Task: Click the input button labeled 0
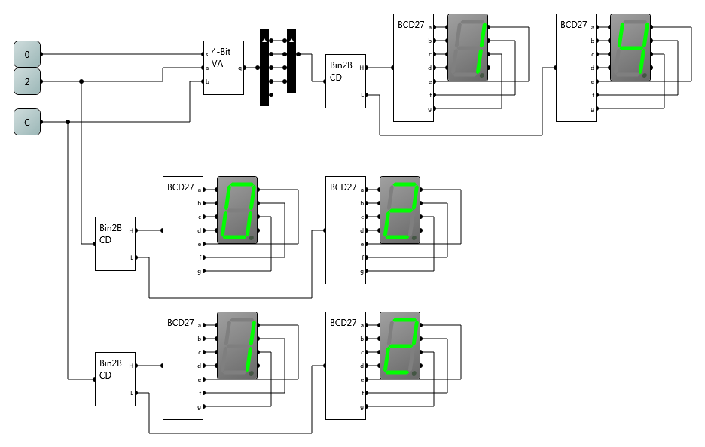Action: click(27, 54)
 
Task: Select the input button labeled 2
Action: click(27, 81)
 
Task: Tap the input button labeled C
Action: click(27, 122)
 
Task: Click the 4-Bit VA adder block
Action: click(224, 68)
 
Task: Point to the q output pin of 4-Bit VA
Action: click(243, 68)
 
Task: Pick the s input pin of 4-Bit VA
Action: click(204, 54)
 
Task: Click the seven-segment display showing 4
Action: click(630, 47)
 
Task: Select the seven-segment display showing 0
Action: click(237, 210)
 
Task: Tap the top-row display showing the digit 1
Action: click(468, 47)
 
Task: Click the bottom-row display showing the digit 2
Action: click(400, 345)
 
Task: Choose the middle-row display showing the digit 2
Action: click(400, 210)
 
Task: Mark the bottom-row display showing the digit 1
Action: click(237, 345)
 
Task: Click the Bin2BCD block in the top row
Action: click(346, 81)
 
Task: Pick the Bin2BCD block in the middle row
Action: click(115, 244)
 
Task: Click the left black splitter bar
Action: click(264, 68)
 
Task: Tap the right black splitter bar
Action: click(291, 61)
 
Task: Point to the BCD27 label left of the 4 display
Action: click(573, 25)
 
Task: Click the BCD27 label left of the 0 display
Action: click(180, 187)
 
